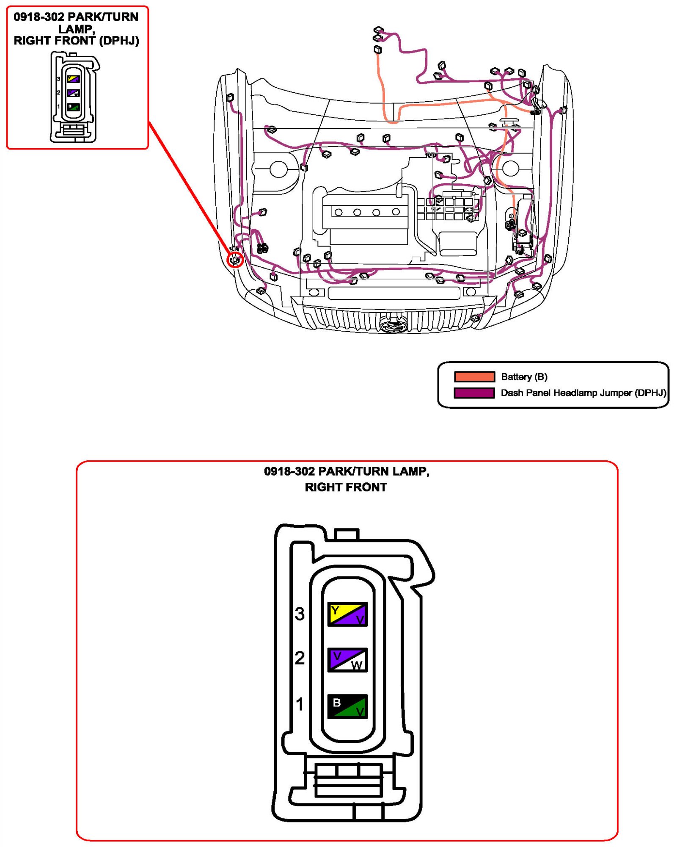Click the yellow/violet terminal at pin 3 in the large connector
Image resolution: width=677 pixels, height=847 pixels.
(347, 614)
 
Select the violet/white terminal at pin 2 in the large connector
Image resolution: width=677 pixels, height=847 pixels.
(347, 659)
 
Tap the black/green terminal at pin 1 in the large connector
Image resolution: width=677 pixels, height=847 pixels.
(347, 706)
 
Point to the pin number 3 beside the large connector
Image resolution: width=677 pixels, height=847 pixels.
(300, 614)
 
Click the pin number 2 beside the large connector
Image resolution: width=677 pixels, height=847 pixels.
(300, 658)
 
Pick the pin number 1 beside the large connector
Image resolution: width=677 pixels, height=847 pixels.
(300, 704)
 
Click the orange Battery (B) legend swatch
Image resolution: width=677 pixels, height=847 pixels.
(474, 376)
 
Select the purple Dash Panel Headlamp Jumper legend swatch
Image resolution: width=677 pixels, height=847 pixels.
(474, 393)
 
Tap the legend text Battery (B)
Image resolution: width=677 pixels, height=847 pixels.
(524, 376)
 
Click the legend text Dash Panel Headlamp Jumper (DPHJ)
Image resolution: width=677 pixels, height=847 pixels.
(583, 393)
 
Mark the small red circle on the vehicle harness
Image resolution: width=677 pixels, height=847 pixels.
(235, 259)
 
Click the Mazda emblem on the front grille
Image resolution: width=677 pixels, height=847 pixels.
(394, 326)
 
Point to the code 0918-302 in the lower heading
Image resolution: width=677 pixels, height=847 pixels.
(289, 471)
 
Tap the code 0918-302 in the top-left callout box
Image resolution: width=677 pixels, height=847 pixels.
(39, 17)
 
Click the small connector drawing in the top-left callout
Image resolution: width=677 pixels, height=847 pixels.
(74, 97)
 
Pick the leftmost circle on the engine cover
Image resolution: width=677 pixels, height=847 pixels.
(338, 212)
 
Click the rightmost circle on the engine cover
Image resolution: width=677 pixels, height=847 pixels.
(396, 212)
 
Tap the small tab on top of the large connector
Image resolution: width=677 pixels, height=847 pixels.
(347, 534)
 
